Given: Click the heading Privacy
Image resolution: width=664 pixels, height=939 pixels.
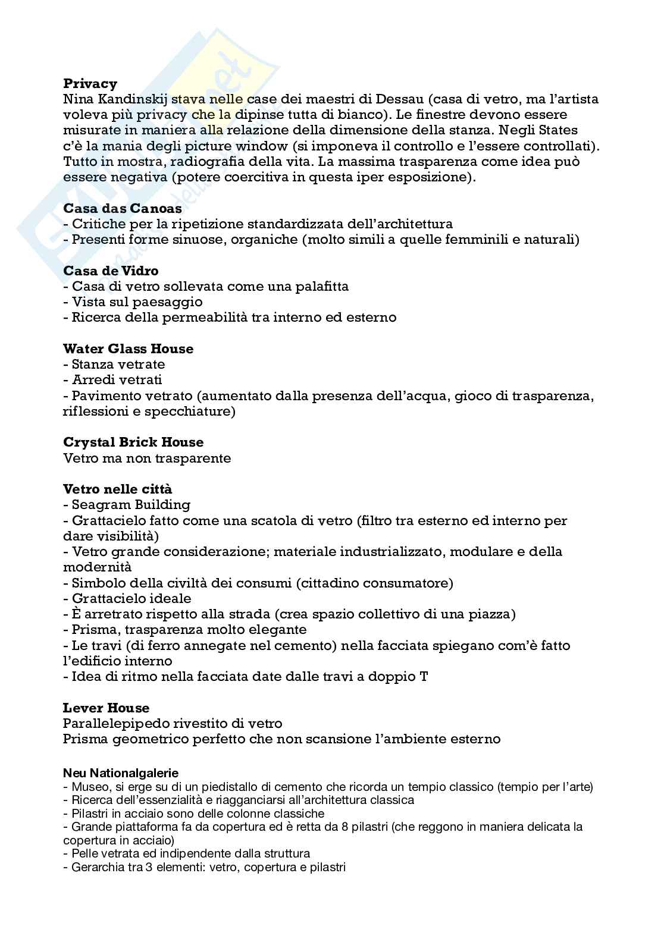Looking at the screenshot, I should [90, 83].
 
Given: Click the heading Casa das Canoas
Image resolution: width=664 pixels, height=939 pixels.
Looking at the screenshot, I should [123, 209].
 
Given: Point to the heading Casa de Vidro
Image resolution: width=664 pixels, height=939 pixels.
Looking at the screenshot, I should [111, 271].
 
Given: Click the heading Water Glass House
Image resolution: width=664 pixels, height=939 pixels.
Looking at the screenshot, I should [128, 349].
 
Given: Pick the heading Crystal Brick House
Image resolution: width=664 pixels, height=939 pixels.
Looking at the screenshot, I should [133, 442].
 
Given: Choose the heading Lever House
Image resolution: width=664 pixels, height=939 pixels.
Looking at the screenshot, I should [106, 708].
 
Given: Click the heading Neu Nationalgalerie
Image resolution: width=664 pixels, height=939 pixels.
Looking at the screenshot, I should [121, 774].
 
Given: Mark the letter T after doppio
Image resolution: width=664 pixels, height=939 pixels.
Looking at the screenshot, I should [423, 677].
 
